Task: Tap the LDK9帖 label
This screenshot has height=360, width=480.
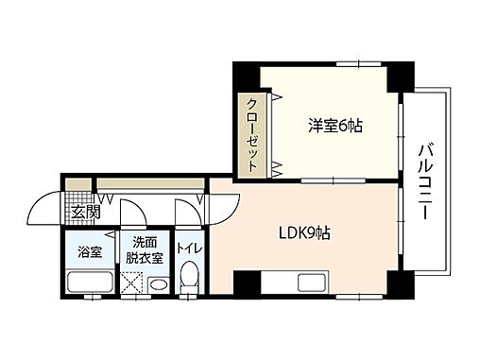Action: (302, 232)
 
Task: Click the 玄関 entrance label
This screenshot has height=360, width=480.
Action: (84, 213)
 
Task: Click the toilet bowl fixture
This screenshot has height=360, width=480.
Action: (189, 281)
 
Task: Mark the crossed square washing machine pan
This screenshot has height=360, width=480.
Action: (132, 283)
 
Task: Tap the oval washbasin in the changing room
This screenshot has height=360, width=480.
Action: (159, 283)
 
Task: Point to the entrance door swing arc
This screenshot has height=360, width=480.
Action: (43, 207)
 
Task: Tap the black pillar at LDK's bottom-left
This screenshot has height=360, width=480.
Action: (245, 283)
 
